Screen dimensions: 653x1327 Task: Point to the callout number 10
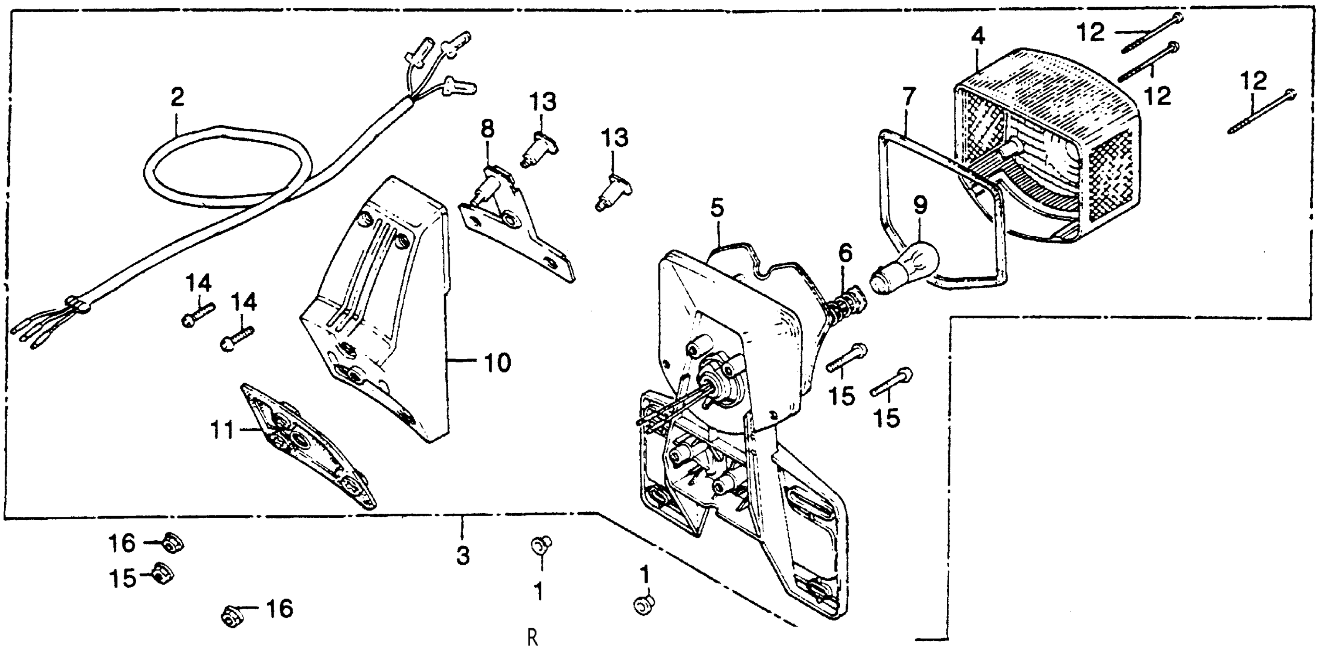[497, 363]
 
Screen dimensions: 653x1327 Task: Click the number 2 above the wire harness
[177, 97]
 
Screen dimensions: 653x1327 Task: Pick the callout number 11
[223, 429]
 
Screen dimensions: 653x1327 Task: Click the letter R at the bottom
[533, 638]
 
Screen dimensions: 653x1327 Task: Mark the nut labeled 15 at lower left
[163, 573]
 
